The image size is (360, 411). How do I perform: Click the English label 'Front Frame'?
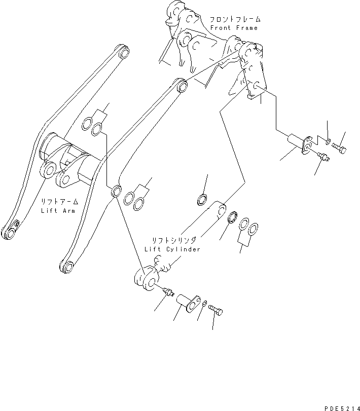click(234, 28)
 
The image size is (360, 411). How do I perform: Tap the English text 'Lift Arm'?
click(58, 210)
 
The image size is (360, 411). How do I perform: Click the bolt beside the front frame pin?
click(339, 148)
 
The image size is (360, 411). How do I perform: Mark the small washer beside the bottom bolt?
click(203, 304)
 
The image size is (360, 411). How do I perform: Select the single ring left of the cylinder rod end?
click(201, 199)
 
